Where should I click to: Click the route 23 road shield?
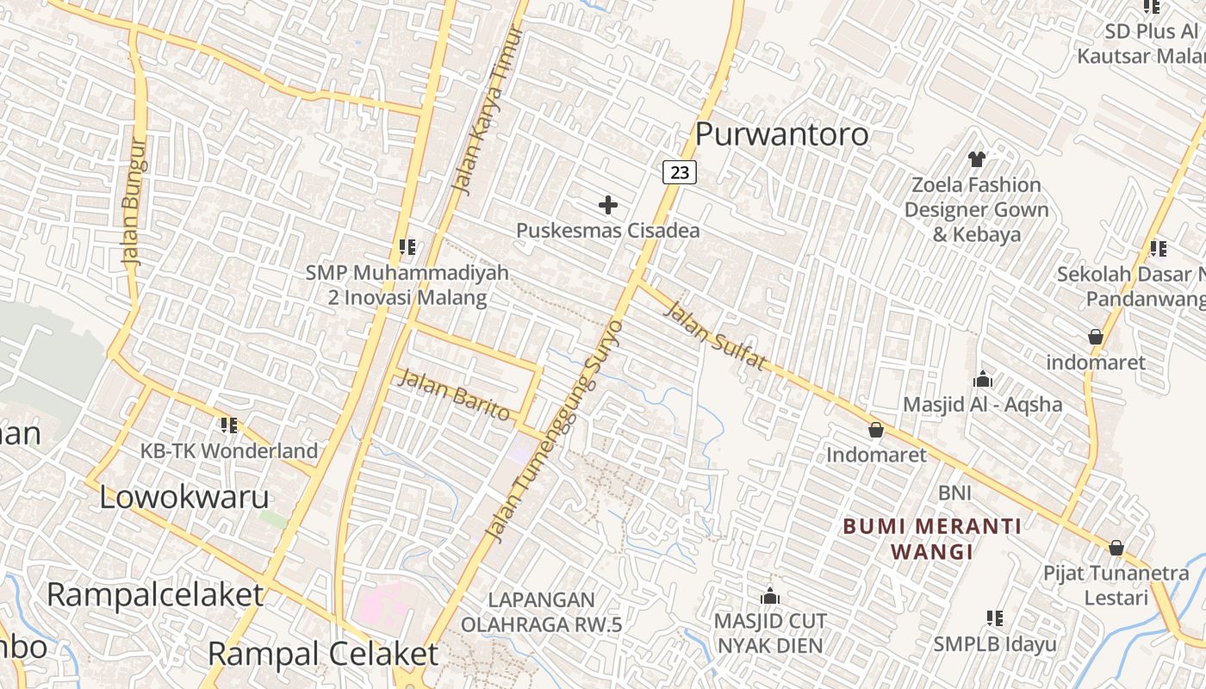pos(679,172)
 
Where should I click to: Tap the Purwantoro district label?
pos(781,134)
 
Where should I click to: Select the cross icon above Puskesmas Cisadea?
pos(608,205)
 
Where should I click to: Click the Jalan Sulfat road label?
pos(714,336)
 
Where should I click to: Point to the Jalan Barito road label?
pos(453,394)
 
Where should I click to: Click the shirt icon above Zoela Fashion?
pos(977,158)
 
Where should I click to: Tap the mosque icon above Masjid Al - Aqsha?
pos(983,379)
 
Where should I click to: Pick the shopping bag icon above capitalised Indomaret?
pos(876,429)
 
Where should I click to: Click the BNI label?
pos(954,493)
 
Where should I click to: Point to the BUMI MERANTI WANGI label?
pos(932,538)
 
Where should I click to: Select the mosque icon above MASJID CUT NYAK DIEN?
pos(770,596)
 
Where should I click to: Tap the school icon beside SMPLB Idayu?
pos(995,618)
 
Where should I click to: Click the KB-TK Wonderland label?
pos(229,450)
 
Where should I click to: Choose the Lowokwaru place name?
pos(184,497)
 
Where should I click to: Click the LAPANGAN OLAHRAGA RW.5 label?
pos(541,611)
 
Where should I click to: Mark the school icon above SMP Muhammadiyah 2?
pos(407,247)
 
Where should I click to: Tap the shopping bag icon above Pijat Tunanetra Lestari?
pos(1116,548)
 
